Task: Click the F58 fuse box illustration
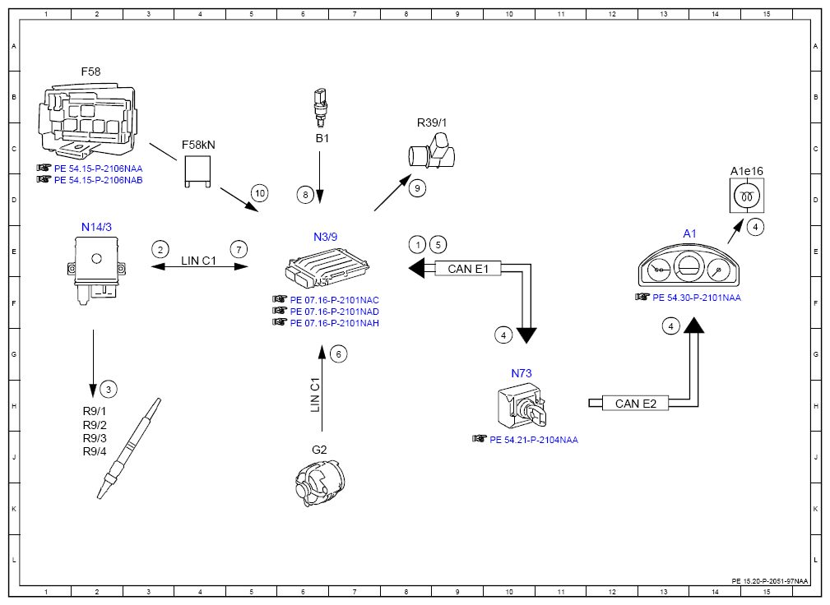pyautogui.click(x=87, y=118)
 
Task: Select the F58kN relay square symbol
pyautogui.click(x=197, y=171)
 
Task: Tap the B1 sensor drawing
pyautogui.click(x=320, y=108)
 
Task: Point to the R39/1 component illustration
pyautogui.click(x=431, y=150)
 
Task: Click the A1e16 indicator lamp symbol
pyautogui.click(x=746, y=196)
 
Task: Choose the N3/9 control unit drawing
pyautogui.click(x=327, y=268)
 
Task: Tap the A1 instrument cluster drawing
pyautogui.click(x=689, y=265)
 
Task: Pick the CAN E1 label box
pyautogui.click(x=467, y=269)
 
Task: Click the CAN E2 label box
pyautogui.click(x=635, y=404)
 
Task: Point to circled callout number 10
pyautogui.click(x=259, y=193)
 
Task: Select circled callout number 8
pyautogui.click(x=305, y=195)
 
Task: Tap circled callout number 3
pyautogui.click(x=109, y=390)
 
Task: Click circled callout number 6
pyautogui.click(x=339, y=354)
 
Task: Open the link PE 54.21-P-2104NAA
pyautogui.click(x=534, y=440)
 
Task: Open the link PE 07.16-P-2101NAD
pyautogui.click(x=335, y=312)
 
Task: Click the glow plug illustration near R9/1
pyautogui.click(x=128, y=449)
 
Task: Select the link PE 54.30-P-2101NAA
pyautogui.click(x=697, y=298)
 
